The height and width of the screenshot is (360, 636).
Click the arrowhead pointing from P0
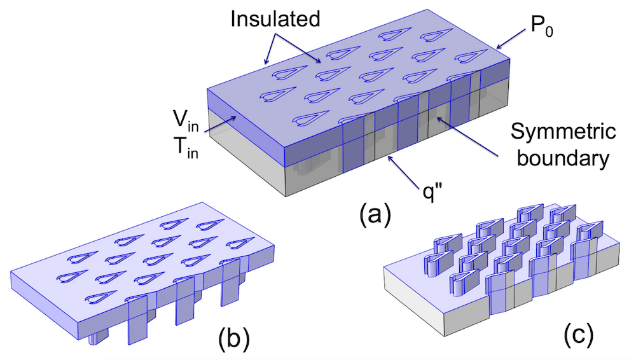499,47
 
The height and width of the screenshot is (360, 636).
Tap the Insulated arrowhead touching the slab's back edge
266,64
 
